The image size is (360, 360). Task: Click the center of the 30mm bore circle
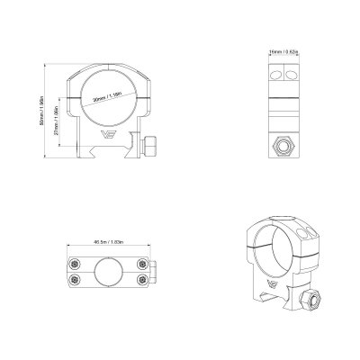(x=109, y=100)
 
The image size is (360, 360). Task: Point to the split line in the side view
(x=280, y=97)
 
